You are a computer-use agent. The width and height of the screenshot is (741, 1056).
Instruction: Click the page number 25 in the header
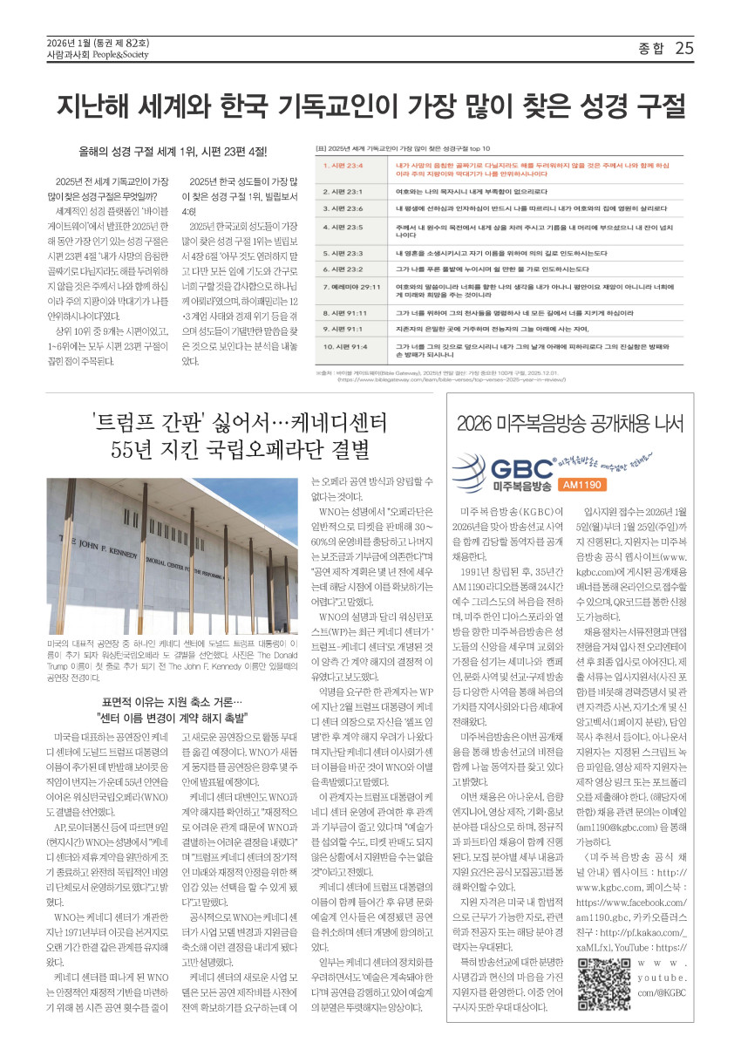[x=684, y=48]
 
